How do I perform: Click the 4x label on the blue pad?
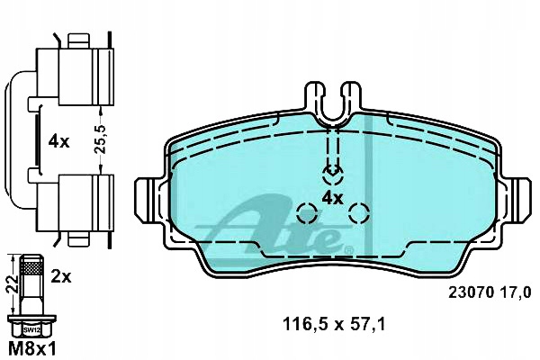pos(333,198)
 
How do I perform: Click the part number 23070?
pos(468,291)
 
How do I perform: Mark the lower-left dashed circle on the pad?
pos(307,213)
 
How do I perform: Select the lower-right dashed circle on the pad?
pos(360,213)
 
